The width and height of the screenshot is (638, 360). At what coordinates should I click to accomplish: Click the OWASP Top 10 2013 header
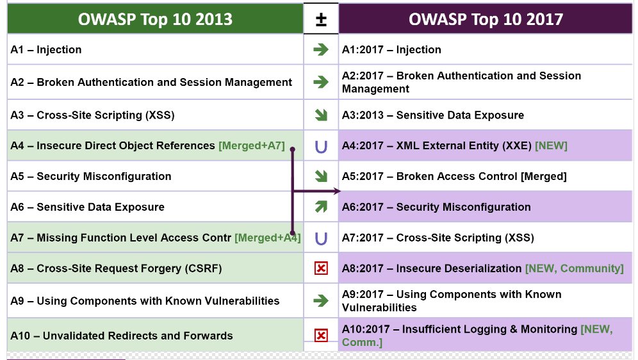coord(155,19)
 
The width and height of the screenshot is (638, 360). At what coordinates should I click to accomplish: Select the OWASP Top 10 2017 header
coord(486,19)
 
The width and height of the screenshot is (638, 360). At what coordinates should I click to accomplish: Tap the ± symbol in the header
coord(321,19)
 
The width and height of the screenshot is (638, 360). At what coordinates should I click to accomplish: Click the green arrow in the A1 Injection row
coord(321,49)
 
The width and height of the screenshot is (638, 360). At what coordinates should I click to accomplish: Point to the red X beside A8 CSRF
coord(321,268)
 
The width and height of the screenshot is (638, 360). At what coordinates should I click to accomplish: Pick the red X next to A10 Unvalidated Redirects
coord(321,336)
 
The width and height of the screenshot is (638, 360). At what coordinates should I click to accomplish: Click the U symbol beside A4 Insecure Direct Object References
coord(321,146)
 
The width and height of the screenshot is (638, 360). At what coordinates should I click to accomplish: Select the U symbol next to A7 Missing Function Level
coord(321,238)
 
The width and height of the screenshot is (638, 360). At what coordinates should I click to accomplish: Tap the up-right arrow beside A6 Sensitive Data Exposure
coord(321,207)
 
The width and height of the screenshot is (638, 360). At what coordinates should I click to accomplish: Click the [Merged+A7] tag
coord(252,145)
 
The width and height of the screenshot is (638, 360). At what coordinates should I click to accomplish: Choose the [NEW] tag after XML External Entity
coord(551,145)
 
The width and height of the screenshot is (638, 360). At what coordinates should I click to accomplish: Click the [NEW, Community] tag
coord(575,268)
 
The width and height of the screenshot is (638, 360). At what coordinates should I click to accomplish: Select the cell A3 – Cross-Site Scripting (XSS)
coord(155,115)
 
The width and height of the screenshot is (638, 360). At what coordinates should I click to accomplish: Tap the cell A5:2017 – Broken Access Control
coord(486,176)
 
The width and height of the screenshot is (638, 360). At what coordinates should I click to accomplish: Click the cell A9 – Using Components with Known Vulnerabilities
coord(155,300)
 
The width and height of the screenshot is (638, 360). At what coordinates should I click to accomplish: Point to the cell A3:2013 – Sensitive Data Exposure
coord(486,115)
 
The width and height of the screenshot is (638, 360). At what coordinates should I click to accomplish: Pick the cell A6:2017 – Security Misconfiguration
coord(486,207)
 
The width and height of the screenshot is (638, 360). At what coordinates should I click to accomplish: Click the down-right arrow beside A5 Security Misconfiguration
coord(321,176)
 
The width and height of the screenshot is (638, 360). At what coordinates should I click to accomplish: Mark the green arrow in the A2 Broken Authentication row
coord(321,82)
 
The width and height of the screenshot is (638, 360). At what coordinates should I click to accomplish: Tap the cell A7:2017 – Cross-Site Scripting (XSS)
coord(486,238)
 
